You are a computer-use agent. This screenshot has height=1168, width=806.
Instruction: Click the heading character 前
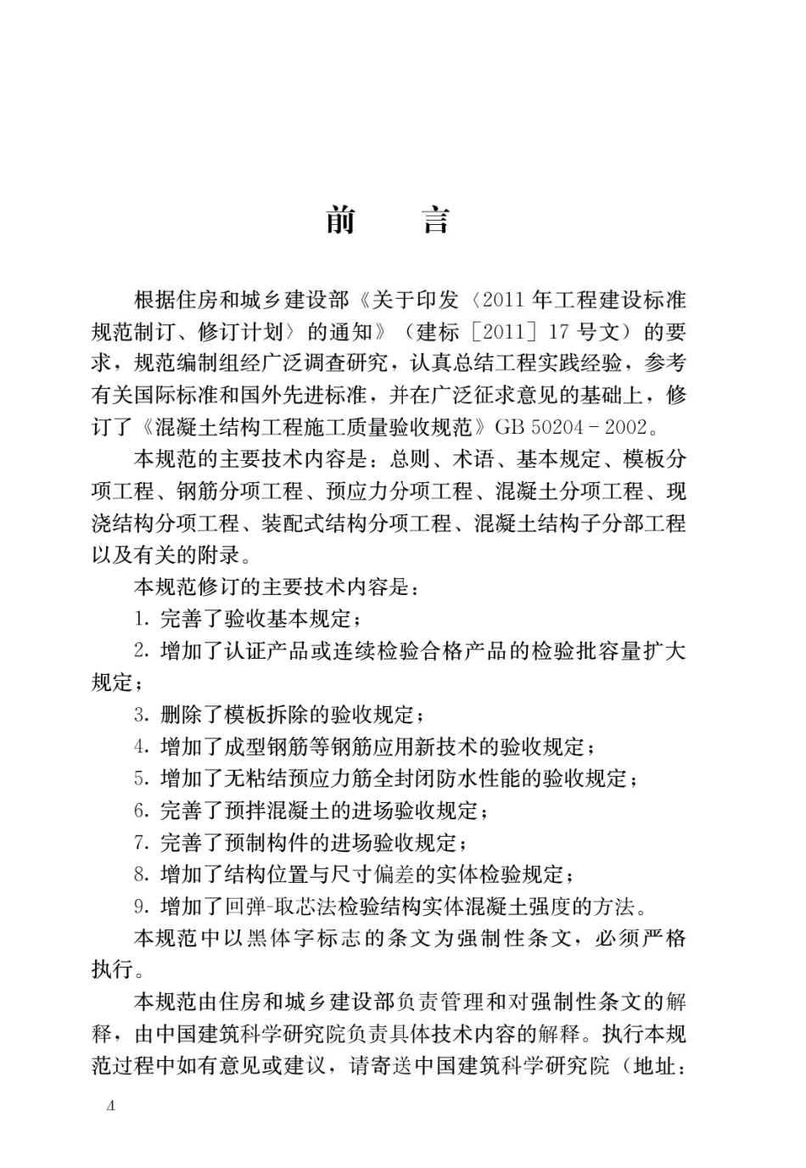click(341, 221)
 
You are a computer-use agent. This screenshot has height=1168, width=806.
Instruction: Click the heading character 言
click(435, 221)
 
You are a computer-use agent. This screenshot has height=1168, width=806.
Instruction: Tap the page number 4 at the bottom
click(109, 1105)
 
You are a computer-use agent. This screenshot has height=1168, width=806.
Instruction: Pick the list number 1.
click(141, 619)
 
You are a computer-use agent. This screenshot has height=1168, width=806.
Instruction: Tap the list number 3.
click(141, 715)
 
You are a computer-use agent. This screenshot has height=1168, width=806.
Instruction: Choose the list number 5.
click(141, 778)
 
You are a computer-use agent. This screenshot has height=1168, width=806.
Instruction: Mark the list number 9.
click(141, 907)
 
